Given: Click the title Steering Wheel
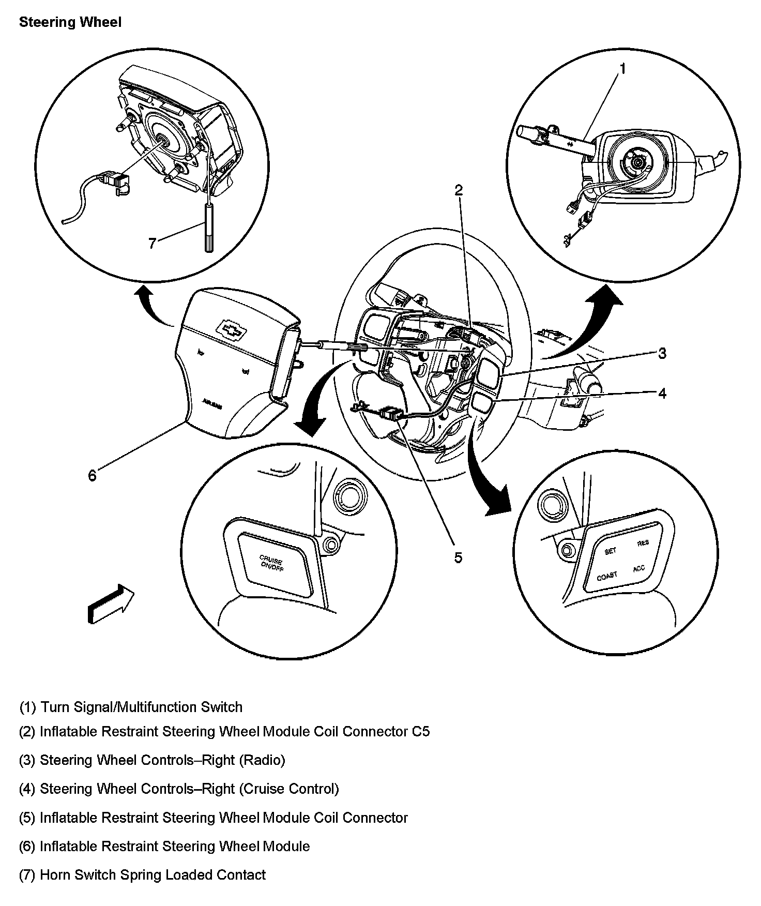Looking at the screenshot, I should coord(70,22).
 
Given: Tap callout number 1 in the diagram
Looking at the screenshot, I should coord(623,68).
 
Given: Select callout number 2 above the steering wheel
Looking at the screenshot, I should coord(458,190).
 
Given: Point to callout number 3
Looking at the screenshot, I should coord(662,354).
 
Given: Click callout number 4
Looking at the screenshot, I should coord(662,394).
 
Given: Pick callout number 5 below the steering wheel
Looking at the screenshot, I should coord(458,557).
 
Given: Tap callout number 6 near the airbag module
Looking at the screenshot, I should coord(92,476).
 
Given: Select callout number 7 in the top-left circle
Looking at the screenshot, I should coord(152,243).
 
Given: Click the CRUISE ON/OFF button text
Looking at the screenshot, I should coord(272,563).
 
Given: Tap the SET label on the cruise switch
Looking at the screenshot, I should coord(610,551).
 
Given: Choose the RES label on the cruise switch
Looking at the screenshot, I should coord(643,543).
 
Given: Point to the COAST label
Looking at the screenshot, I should coord(607,576).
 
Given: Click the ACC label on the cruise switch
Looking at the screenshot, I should coord(639,569).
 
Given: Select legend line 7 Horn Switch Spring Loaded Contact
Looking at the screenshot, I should coord(142,875).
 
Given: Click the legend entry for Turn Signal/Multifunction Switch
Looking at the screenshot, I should coord(131,707).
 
